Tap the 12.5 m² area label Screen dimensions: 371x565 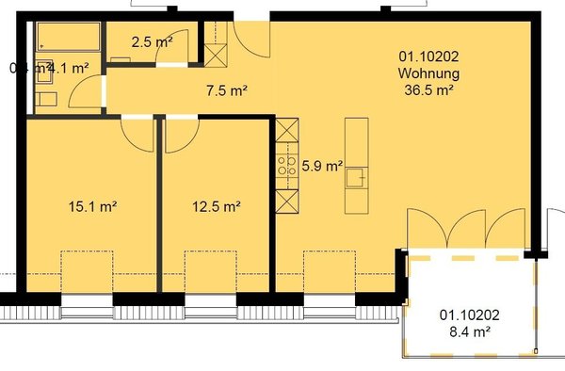click(217, 206)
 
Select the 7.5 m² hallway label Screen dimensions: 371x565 click(226, 91)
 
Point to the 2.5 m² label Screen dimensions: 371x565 click(151, 42)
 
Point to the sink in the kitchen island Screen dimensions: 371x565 click(357, 176)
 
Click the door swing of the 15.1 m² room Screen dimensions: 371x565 click(139, 134)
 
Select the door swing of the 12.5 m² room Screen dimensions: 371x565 click(178, 134)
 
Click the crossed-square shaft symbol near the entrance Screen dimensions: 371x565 click(216, 55)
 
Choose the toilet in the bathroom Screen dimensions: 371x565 click(42, 98)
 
